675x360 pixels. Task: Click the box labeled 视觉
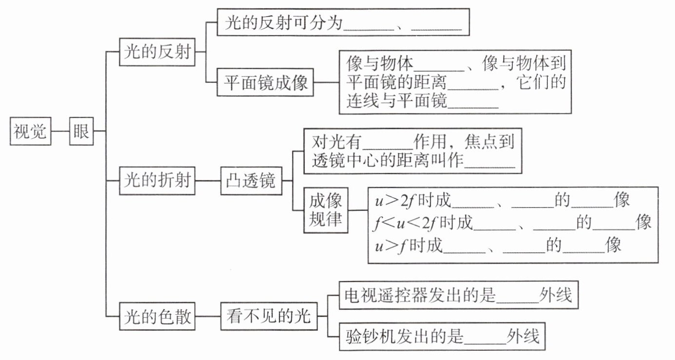point(30,131)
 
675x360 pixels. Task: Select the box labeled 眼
point(81,131)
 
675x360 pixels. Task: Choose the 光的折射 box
point(157,181)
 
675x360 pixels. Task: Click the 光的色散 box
point(157,318)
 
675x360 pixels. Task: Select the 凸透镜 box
point(250,181)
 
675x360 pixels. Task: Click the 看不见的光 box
point(268,318)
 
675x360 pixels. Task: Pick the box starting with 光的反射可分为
point(343,22)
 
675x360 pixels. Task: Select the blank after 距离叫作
point(490,162)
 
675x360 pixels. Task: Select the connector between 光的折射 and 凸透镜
point(208,181)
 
